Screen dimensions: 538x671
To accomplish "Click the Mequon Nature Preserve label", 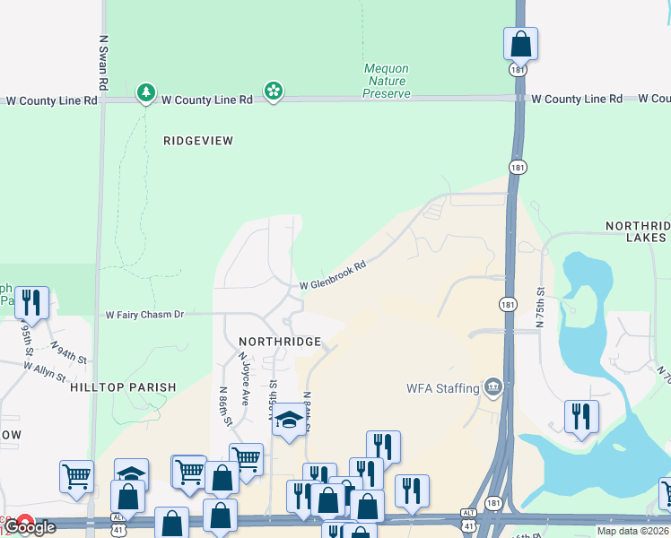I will pos(388,81).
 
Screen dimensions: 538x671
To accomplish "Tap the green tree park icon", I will pos(145,92).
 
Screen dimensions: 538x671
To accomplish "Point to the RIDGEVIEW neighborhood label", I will pos(198,141).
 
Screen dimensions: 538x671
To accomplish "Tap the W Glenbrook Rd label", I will pos(333,275).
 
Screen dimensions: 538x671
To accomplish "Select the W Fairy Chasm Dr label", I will pos(144,315).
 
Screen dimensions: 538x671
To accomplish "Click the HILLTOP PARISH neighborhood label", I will pos(123,386).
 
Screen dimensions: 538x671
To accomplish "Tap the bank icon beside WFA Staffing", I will pos(492,387).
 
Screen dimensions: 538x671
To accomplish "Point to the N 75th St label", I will pos(541,308).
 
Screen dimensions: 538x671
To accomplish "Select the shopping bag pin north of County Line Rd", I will pos(520,42).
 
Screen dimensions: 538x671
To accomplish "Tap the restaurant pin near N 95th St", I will pos(32,303).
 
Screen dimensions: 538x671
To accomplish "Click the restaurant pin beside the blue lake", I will pos(581,416).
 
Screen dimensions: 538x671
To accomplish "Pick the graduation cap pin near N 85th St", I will pos(289,420).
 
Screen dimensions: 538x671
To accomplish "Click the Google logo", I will pos(29,527).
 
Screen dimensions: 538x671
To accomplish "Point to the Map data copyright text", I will pos(632,532).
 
